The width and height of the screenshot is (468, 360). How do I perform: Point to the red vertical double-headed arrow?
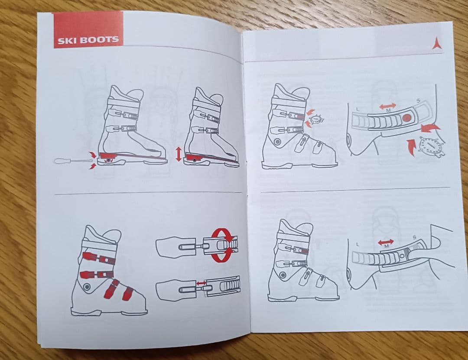(x=179, y=154)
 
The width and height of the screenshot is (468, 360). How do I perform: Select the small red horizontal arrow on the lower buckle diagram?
(x=201, y=283)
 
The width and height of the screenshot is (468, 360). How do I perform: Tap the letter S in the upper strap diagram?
(x=418, y=101)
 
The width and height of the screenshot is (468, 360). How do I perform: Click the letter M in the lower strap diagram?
(x=387, y=246)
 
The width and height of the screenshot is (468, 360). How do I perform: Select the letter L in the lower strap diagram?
(x=357, y=244)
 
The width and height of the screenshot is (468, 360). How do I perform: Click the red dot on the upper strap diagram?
(x=407, y=118)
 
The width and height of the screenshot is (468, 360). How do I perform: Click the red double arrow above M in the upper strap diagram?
(x=388, y=106)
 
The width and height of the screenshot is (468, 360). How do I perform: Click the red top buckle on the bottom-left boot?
(x=99, y=258)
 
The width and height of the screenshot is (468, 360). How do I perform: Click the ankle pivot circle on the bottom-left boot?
(x=87, y=287)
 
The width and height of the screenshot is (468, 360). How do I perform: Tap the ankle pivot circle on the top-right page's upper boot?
(x=278, y=142)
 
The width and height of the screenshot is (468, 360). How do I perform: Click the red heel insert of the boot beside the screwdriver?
(x=108, y=156)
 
